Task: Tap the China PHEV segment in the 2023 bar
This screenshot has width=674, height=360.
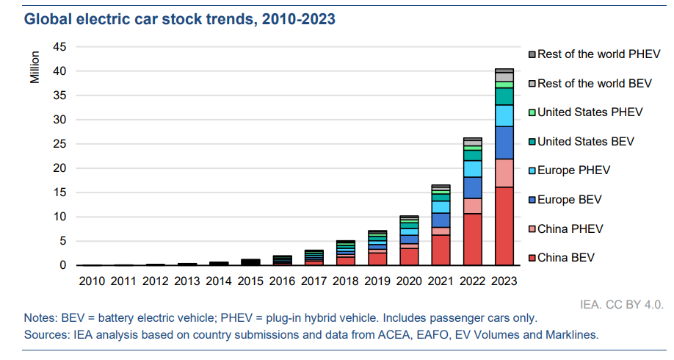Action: (504, 173)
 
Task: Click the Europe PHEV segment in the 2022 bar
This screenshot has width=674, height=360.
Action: (472, 168)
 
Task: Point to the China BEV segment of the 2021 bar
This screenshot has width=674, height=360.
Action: (441, 250)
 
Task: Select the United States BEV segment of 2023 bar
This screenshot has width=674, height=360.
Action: (504, 96)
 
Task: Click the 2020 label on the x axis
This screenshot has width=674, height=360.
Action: (409, 281)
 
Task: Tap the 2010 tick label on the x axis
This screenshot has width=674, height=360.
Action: (91, 281)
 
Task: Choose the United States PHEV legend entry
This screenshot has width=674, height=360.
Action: (590, 112)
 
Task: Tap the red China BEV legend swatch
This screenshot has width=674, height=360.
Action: (532, 258)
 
